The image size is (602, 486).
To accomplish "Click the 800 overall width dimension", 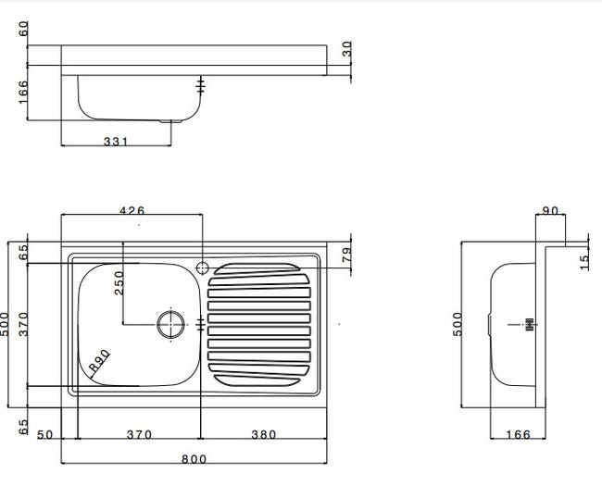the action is point(194,459).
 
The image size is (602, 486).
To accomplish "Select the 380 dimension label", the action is point(263,434).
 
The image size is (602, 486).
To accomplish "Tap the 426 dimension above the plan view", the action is point(132,211).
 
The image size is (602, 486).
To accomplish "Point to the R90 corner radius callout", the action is point(99,361).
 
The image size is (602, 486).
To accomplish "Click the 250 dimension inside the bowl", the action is point(119,283).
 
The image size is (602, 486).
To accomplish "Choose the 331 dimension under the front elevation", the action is point(116,142).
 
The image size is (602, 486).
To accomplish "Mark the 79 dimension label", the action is point(346,255).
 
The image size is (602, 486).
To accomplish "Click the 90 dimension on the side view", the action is point(550,211).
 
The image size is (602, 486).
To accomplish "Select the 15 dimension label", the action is point(584,263).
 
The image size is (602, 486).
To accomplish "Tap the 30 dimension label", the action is point(346,49).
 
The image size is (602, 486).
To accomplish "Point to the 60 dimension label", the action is point(23,29).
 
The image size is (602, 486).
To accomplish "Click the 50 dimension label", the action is point(44,435).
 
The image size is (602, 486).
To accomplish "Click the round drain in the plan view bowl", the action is point(170,324).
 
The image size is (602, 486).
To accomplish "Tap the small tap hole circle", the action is point(202,268).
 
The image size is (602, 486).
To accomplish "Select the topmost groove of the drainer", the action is point(257,268).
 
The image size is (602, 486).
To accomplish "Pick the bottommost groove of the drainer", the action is point(257,380).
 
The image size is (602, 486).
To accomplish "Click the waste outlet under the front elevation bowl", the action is point(170,121).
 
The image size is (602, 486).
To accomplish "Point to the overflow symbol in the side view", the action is point(530,324).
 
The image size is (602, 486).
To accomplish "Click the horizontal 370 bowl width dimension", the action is point(139,434).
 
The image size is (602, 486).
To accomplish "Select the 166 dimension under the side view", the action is point(518,434).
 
